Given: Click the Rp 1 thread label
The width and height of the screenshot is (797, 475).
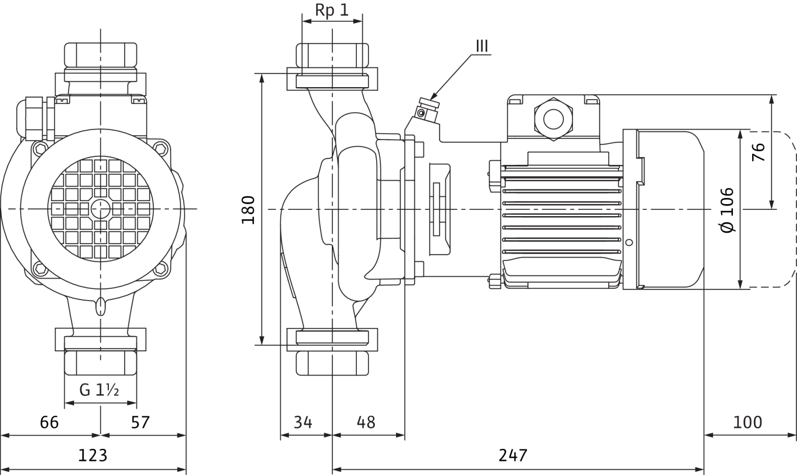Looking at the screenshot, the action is [x=332, y=11].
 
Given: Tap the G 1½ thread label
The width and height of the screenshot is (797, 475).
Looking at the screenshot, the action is [x=99, y=390].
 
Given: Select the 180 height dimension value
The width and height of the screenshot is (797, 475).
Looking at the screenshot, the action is [x=248, y=210].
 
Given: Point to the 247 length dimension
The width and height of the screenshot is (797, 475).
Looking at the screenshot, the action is [x=512, y=455].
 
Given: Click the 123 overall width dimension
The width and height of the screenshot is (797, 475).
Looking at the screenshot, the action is [x=93, y=455].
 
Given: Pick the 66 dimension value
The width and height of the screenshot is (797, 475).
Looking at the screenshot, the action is [x=49, y=422].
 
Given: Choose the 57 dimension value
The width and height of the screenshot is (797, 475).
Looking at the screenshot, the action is [x=141, y=422].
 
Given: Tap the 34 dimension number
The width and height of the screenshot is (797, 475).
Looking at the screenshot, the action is [x=303, y=422].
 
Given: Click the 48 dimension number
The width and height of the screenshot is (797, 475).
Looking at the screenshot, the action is [x=365, y=422].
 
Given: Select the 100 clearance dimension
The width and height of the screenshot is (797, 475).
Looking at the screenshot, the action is [x=748, y=422].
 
